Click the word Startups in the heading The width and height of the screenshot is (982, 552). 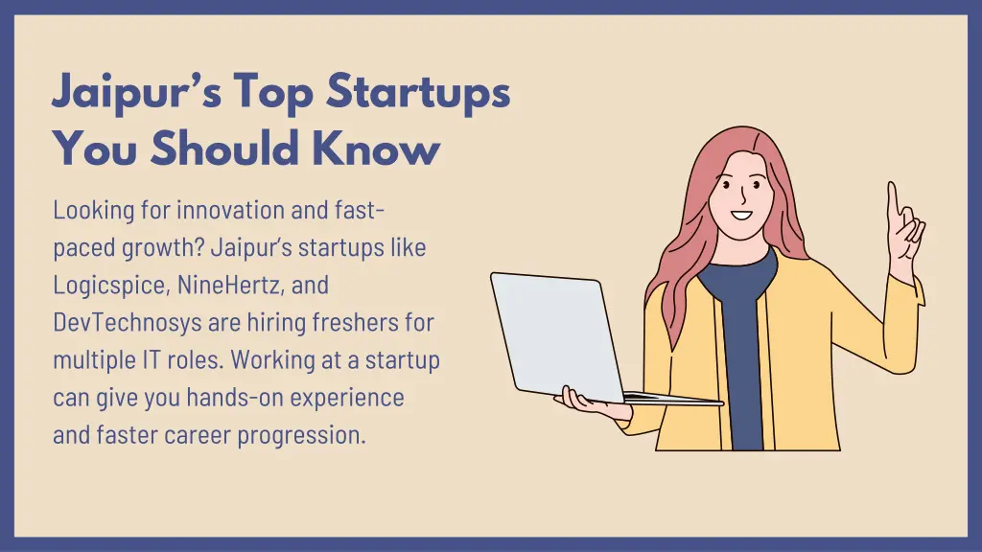coord(417,93)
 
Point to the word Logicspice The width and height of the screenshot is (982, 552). coord(110,285)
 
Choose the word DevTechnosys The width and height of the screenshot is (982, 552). coord(118,322)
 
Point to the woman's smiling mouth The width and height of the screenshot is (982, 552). coord(740,214)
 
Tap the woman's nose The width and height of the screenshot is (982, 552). coord(740,195)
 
